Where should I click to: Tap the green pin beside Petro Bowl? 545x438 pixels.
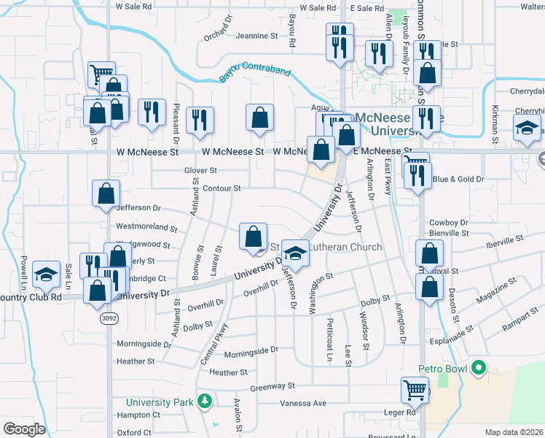[x=478, y=367]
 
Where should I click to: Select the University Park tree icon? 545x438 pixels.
[x=205, y=401]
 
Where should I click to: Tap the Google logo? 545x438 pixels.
[x=24, y=429]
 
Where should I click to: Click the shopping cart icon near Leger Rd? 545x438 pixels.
[x=415, y=390]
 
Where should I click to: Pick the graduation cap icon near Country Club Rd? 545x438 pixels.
[x=47, y=274]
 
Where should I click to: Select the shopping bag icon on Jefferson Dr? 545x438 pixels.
[x=106, y=193]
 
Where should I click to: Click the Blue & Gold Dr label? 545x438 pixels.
[x=459, y=179]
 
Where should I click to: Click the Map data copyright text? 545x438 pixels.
[x=514, y=432]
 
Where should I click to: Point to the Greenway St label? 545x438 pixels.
[x=272, y=386]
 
